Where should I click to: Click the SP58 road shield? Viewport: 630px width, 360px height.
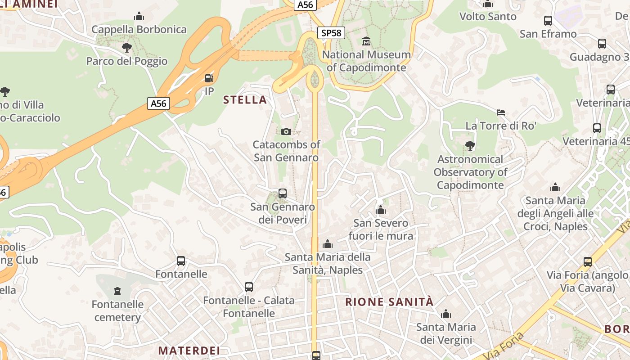331,33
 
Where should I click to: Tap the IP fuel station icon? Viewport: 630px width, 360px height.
209,78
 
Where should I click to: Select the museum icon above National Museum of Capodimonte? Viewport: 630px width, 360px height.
366,41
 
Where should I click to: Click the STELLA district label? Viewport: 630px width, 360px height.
245,100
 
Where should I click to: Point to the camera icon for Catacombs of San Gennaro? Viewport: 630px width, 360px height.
286,131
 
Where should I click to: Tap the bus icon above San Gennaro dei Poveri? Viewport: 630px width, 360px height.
283,193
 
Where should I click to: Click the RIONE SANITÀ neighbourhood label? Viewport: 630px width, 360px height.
389,302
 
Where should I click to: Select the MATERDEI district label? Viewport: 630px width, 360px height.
189,351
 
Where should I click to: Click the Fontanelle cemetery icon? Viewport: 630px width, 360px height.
117,291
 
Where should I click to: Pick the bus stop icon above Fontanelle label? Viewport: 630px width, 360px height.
181,261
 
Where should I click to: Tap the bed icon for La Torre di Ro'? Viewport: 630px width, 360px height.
501,112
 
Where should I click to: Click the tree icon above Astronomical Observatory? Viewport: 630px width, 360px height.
470,145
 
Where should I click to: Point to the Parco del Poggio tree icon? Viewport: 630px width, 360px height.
127,47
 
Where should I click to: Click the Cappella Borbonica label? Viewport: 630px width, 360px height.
139,30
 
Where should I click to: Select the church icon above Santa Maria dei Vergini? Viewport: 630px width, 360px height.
446,314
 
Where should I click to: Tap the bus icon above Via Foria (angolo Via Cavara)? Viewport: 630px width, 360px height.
587,261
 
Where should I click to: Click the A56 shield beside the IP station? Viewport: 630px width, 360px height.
158,103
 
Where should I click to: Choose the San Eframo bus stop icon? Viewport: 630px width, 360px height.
548,20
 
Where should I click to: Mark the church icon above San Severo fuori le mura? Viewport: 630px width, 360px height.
381,210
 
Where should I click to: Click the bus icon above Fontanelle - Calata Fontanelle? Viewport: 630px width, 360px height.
249,287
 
